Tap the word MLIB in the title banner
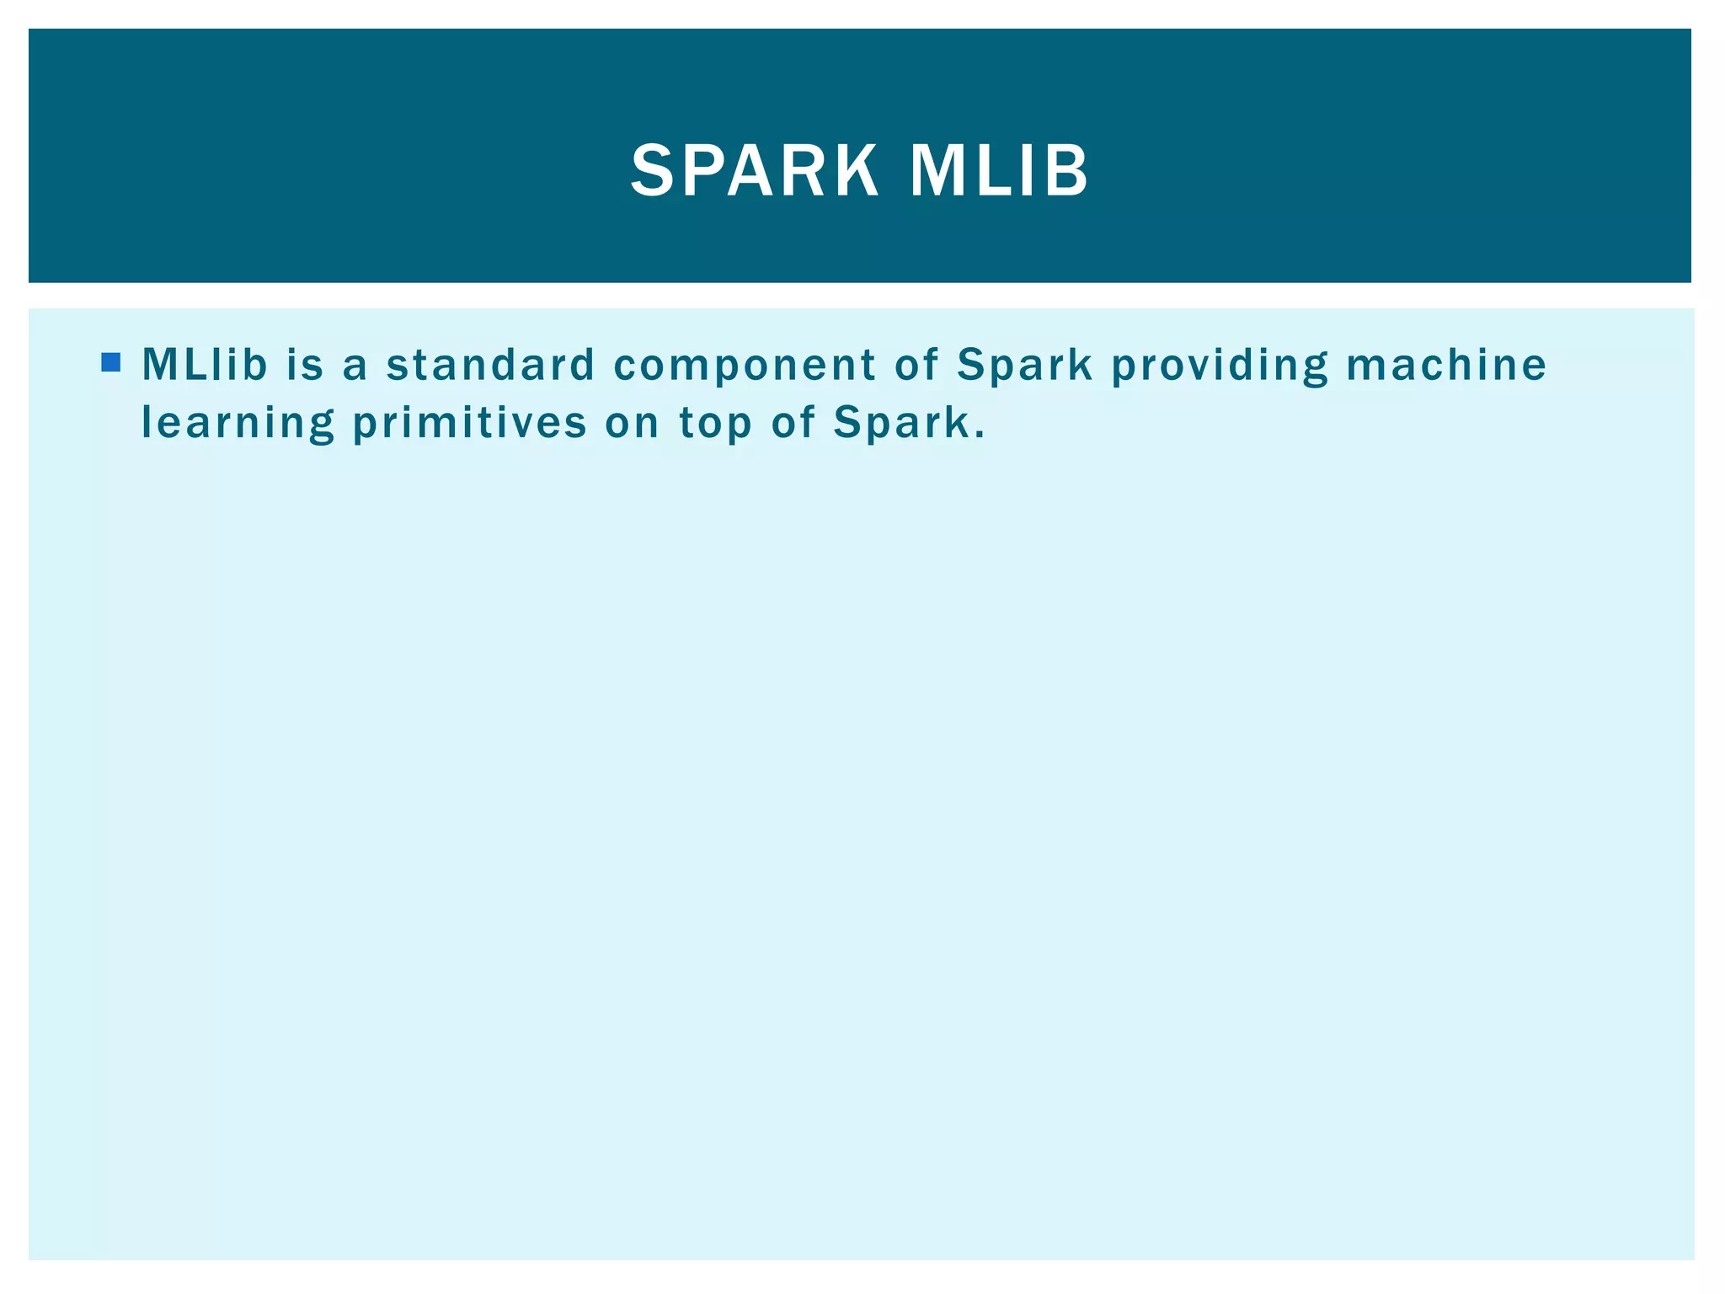point(999,171)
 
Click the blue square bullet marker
point(110,362)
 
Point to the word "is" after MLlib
point(305,365)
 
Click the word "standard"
point(490,365)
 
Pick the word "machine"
point(1446,365)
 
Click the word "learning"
point(238,424)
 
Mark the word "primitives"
point(469,424)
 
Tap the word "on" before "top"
point(632,424)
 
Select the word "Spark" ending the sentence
point(900,424)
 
